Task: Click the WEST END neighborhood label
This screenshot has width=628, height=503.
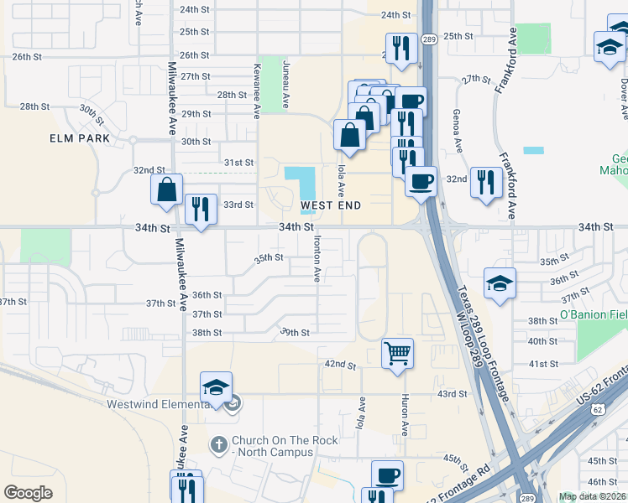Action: (x=331, y=205)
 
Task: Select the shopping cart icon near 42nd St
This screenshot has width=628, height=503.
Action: (x=396, y=352)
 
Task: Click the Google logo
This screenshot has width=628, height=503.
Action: (x=28, y=493)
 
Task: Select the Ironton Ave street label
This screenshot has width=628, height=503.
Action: (x=317, y=258)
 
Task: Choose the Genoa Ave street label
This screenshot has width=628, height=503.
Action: (x=458, y=134)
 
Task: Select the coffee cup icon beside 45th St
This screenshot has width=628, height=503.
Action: (x=387, y=475)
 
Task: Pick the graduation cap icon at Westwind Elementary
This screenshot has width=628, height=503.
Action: (x=216, y=386)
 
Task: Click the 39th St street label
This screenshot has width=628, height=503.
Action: (x=296, y=332)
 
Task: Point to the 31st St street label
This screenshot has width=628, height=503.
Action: (x=238, y=162)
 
